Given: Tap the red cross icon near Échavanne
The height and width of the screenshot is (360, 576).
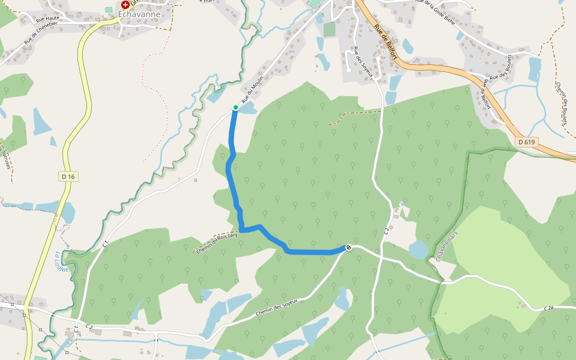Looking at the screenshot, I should click(125, 4).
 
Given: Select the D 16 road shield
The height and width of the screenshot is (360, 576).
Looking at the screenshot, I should click(68, 176).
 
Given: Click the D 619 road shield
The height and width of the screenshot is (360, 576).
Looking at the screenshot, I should click(526, 142).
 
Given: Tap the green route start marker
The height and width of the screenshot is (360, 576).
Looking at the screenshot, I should click(235, 107).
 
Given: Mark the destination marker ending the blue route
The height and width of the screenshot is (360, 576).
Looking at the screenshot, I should click(349, 247).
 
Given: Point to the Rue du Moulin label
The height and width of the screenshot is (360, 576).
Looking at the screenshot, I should click(253, 93).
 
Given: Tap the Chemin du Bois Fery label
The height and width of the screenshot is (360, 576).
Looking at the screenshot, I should click(217, 242).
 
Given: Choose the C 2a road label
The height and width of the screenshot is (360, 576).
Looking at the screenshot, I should click(548, 308).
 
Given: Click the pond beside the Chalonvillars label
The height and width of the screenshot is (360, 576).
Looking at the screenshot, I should click(418, 249).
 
